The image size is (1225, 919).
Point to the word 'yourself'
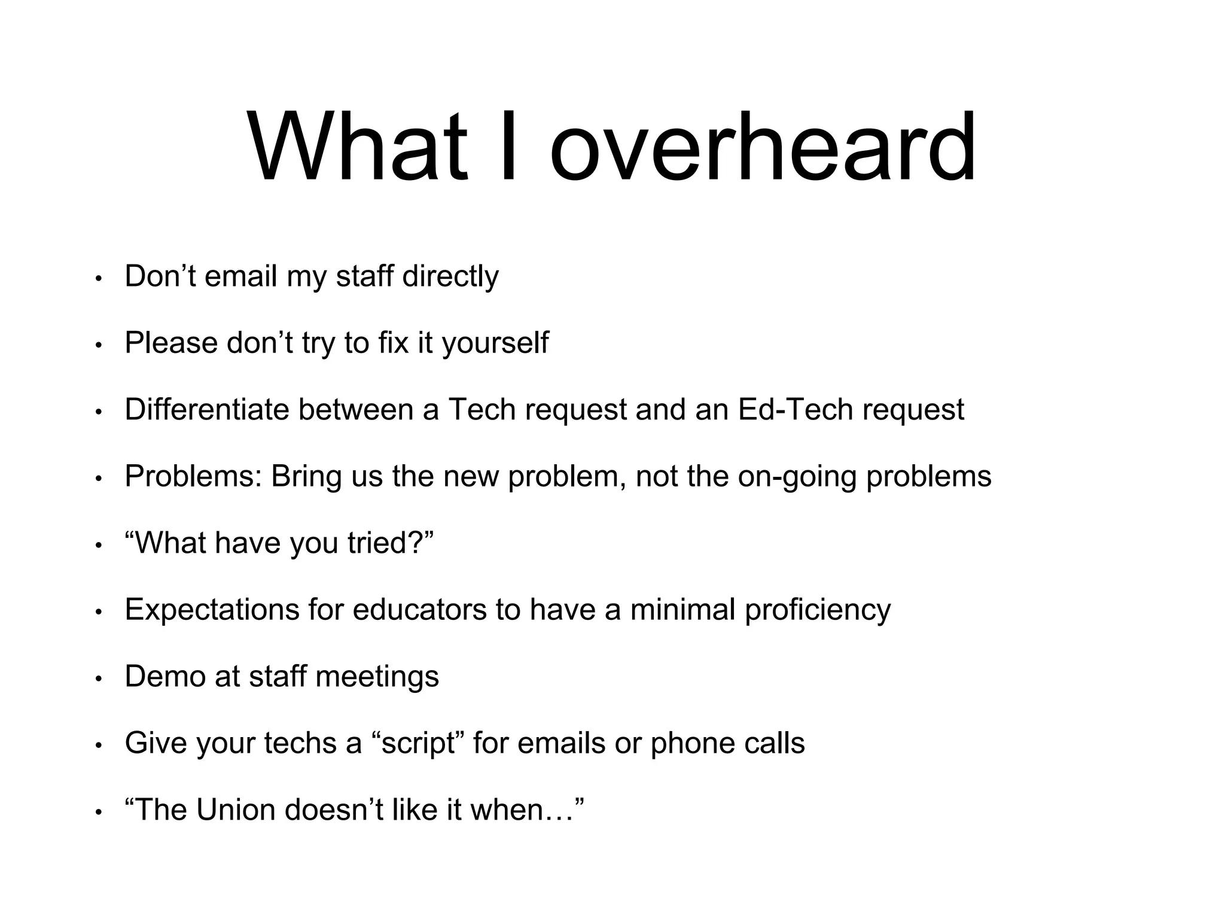495,343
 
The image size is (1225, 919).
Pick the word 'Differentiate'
209,410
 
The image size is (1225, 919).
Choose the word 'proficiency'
818,610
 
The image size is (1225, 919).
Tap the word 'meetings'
377,677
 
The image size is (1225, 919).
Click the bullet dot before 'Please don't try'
99,346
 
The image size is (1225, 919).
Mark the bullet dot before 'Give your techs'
99,745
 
